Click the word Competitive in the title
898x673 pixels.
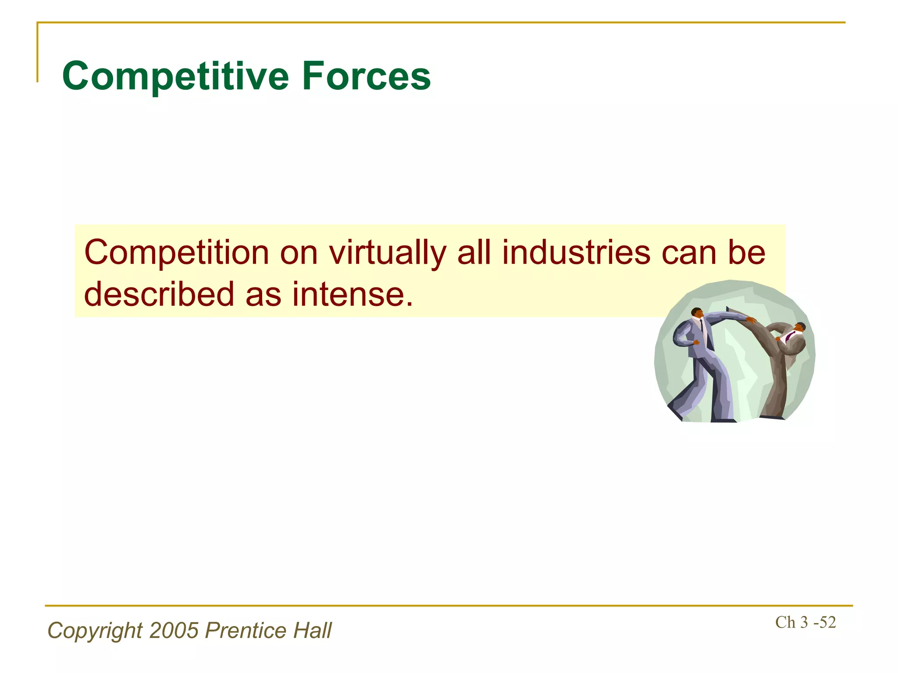(175, 77)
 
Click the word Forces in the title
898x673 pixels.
(366, 77)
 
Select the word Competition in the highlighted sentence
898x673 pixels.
(176, 253)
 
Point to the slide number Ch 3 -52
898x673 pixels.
(805, 623)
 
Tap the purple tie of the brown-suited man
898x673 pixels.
(789, 337)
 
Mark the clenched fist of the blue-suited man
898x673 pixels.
(695, 342)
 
